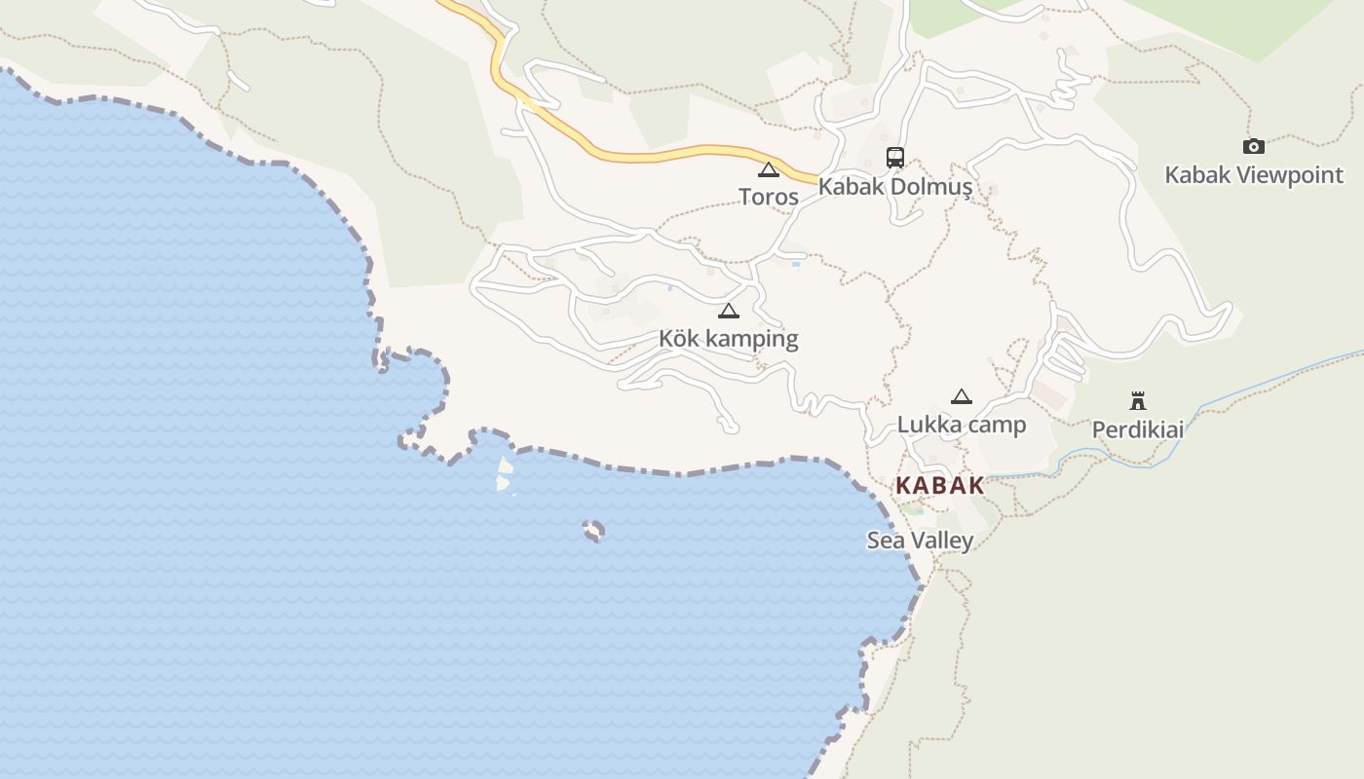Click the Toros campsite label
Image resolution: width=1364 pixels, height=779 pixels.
pyautogui.click(x=769, y=197)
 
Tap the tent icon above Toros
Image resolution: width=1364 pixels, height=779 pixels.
pyautogui.click(x=769, y=170)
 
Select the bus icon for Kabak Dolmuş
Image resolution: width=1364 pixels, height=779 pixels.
pyautogui.click(x=894, y=157)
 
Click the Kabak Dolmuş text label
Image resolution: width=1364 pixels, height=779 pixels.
pyautogui.click(x=894, y=186)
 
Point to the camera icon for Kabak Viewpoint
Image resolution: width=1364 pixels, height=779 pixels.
pyautogui.click(x=1254, y=147)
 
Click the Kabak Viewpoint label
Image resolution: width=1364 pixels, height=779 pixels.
pyautogui.click(x=1254, y=175)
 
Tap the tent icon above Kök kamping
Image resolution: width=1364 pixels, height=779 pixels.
pyautogui.click(x=728, y=312)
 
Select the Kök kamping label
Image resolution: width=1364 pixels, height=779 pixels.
pyautogui.click(x=728, y=339)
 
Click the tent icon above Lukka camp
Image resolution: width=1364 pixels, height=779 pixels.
pyautogui.click(x=962, y=396)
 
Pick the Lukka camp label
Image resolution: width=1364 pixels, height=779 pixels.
pyautogui.click(x=962, y=425)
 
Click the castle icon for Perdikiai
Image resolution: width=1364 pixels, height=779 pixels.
pyautogui.click(x=1137, y=400)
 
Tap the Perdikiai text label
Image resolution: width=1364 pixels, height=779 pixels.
pyautogui.click(x=1137, y=429)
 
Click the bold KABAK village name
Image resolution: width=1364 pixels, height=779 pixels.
pyautogui.click(x=939, y=486)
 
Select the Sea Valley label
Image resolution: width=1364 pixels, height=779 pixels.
pyautogui.click(x=920, y=540)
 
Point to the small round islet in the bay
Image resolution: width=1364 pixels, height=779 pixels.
pyautogui.click(x=592, y=531)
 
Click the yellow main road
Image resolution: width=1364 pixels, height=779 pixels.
pyautogui.click(x=663, y=155)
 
